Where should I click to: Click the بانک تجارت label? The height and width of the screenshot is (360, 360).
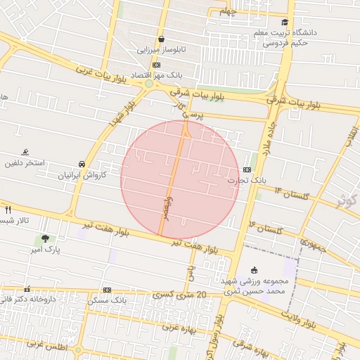coord(247,181)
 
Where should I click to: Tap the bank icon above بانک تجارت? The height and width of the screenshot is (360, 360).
coord(247,169)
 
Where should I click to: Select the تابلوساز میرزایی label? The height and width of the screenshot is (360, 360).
coord(162,50)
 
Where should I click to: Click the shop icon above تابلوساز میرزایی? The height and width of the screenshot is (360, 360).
coord(162,39)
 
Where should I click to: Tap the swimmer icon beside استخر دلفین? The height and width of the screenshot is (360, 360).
coord(25,152)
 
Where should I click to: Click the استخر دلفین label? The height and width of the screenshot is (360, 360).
coord(24,163)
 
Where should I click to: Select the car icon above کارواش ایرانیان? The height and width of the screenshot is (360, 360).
coord(82,164)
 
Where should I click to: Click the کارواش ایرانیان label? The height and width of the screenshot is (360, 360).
coord(84,174)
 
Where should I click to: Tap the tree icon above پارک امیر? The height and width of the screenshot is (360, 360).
coord(46,239)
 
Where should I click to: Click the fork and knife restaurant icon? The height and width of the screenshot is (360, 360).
coord(8,210)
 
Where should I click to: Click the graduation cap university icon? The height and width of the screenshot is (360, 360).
coord(285,22)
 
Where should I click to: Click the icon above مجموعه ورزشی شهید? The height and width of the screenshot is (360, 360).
coord(254,270)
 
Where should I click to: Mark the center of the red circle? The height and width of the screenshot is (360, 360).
coord(181,180)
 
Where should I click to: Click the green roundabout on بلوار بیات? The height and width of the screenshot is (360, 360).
coord(149,84)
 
